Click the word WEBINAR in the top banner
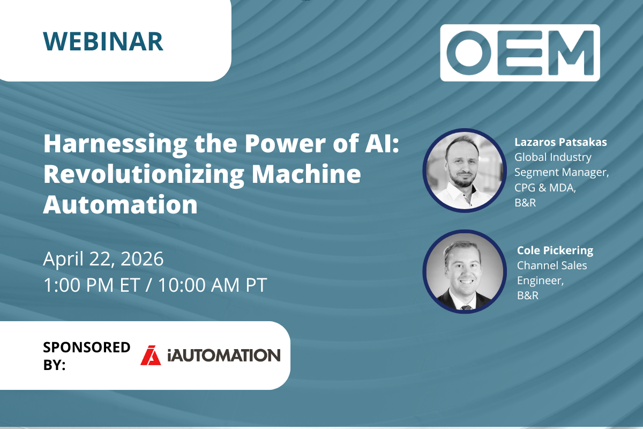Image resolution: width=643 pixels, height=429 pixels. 103,41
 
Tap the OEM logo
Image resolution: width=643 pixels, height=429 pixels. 520,53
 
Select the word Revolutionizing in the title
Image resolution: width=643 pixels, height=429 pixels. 144,175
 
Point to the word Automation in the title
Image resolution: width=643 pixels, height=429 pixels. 120,204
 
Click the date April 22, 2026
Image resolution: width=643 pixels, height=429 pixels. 103,259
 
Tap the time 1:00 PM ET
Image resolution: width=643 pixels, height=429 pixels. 92,285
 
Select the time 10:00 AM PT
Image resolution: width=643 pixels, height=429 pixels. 212,285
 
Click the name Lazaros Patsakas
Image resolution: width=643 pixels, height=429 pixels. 560,142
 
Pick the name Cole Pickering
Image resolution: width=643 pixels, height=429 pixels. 555,250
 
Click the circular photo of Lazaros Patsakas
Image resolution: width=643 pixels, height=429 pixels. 464,170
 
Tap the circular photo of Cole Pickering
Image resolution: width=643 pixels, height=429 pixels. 464,271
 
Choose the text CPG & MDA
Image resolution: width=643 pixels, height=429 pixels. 545,188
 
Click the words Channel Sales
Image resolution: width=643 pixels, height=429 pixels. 552,265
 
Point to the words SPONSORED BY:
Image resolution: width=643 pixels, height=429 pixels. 86,356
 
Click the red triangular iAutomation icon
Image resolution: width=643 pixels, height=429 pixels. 151,355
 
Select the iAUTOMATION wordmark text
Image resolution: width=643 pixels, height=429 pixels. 224,356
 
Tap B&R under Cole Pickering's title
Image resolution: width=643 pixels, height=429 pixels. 528,295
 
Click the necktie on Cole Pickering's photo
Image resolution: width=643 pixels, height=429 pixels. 466,307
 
